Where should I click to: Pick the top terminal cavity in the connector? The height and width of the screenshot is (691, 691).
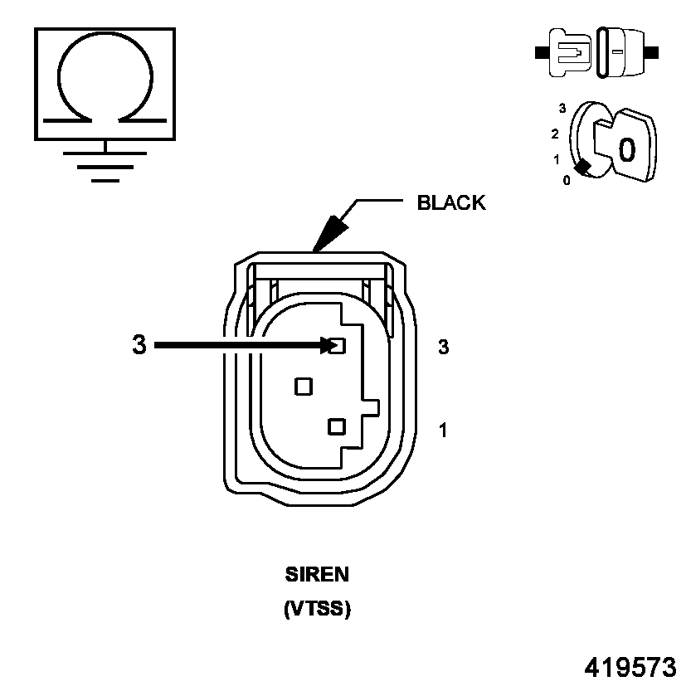[x=336, y=346]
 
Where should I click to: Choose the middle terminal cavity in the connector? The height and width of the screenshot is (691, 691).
[x=304, y=386]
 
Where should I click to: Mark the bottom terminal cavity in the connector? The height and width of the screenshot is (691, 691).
[x=336, y=426]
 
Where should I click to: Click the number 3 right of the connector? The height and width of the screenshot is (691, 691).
[x=444, y=348]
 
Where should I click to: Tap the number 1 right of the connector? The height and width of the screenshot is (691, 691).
[x=444, y=430]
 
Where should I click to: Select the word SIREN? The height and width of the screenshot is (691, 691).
[x=318, y=574]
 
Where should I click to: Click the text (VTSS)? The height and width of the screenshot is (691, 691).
[x=318, y=609]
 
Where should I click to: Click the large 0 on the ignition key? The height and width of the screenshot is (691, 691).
[x=627, y=148]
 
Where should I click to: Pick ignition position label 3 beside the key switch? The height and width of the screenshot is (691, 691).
[x=562, y=109]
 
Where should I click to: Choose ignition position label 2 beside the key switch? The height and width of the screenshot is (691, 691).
[x=556, y=134]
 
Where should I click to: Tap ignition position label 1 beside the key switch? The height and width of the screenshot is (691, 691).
[x=557, y=158]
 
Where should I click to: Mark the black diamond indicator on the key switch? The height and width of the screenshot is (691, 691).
[x=584, y=167]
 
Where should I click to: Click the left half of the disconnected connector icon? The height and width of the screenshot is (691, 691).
[x=567, y=52]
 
